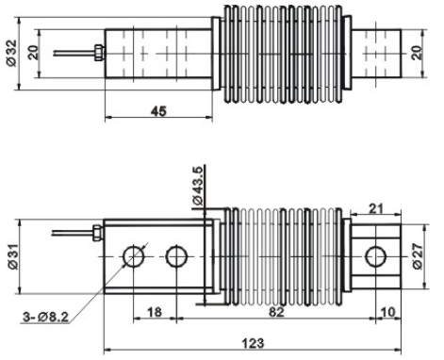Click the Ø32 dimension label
click(x=12, y=53)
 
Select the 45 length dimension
click(x=158, y=111)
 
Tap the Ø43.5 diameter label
click(x=198, y=186)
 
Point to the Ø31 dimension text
click(x=13, y=256)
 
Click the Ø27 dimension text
click(x=418, y=256)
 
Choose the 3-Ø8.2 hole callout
click(x=45, y=317)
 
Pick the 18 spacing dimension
click(x=155, y=312)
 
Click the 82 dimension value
click(x=276, y=312)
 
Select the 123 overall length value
click(x=253, y=343)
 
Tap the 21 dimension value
click(x=376, y=208)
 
